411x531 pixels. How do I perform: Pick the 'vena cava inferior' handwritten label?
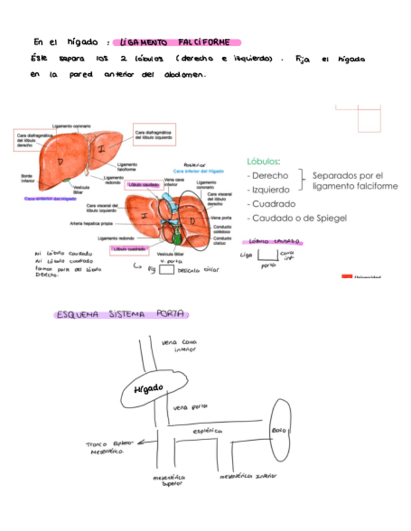tap(180, 346)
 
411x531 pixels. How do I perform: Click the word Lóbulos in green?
tap(263, 161)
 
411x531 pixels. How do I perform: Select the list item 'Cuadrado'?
tap(273, 204)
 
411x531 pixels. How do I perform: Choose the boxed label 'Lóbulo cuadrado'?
tap(130, 250)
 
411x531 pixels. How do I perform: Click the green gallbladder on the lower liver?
tap(179, 237)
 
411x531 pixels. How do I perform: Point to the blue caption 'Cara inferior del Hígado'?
tap(198, 171)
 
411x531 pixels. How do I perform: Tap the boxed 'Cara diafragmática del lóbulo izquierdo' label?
tap(154, 134)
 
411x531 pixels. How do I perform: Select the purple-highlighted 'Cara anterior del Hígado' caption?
tap(50, 198)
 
